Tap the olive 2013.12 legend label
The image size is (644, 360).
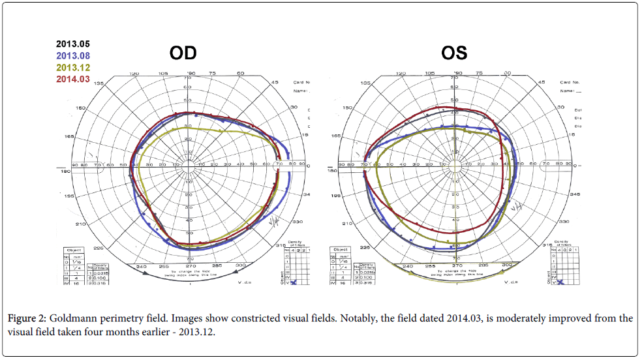(x=72, y=68)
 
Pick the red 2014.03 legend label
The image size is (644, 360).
(x=72, y=79)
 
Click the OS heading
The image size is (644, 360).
(x=454, y=53)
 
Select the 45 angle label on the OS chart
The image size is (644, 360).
(x=540, y=82)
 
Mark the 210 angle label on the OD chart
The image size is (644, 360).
(x=81, y=224)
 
